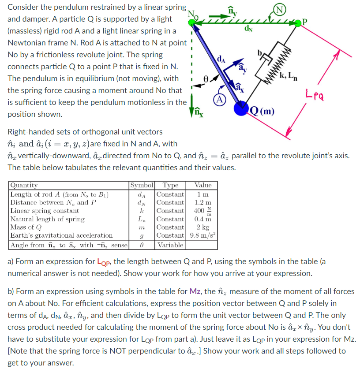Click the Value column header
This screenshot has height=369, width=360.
203,186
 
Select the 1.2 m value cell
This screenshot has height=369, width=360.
203,202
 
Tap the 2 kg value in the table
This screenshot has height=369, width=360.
203,227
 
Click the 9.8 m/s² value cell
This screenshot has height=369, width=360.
202,235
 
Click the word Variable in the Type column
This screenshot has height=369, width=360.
171,245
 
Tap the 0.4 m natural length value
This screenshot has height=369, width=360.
203,219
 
